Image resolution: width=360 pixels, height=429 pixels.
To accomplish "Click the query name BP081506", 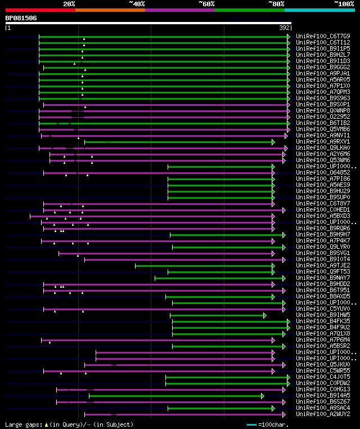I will [21, 18].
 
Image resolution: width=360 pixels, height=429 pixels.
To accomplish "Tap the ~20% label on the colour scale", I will [69, 4].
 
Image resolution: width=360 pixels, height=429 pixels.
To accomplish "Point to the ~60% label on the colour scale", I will [206, 4].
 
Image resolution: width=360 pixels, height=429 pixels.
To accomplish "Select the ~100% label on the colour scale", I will [344, 4].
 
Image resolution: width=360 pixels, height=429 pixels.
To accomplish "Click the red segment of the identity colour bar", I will [40, 10].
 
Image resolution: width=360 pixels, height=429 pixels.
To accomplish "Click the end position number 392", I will [285, 27].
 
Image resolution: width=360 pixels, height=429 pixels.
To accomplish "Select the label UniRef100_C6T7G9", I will [322, 36].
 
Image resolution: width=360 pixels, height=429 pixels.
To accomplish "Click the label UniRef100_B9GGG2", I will [322, 67].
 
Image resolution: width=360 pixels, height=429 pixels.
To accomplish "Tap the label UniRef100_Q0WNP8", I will [322, 110].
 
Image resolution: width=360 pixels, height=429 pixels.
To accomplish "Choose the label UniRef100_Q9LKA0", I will [322, 148].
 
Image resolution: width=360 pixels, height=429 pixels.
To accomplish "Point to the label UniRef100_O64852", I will [322, 172].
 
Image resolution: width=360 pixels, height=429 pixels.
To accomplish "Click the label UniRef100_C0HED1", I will [322, 209].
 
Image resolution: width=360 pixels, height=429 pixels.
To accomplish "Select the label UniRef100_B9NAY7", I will [322, 278].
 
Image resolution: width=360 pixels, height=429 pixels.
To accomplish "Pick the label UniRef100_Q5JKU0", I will [322, 364].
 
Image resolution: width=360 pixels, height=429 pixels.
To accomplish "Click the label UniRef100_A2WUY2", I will [322, 414].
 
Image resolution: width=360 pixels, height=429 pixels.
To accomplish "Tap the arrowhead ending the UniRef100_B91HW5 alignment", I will [265, 315].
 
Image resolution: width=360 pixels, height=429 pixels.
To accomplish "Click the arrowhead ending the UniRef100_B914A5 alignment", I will [262, 396].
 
